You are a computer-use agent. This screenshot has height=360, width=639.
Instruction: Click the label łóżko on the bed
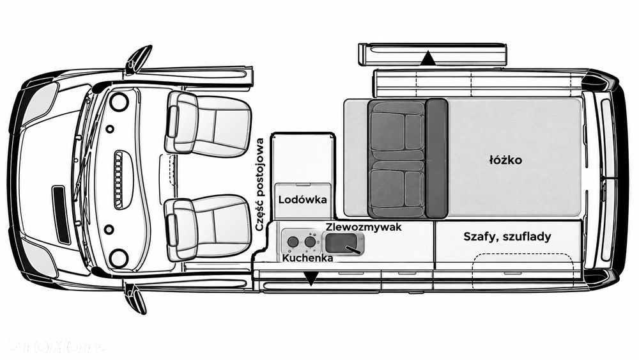tap(505, 160)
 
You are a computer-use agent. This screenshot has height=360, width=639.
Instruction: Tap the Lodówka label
tap(303, 200)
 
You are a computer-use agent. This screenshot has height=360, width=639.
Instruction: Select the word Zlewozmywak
tap(364, 227)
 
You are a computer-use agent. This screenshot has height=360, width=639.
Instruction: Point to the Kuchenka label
tap(308, 258)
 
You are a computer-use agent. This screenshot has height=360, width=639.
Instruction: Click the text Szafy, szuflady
tap(507, 237)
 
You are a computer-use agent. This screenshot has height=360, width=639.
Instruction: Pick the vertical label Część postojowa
tap(259, 185)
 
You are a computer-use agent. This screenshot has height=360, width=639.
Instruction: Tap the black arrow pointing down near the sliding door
tap(311, 279)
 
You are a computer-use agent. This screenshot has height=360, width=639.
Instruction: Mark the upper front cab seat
tap(208, 123)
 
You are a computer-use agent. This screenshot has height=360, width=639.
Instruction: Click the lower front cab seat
tap(208, 228)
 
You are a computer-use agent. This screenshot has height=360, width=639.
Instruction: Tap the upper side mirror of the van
tap(138, 59)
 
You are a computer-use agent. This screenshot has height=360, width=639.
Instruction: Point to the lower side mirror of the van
tap(135, 299)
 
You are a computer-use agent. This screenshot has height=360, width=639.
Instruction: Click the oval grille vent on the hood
tap(119, 180)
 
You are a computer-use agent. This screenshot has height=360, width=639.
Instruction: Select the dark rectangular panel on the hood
tap(61, 215)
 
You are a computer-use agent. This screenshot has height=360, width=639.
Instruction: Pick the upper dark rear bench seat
tap(397, 130)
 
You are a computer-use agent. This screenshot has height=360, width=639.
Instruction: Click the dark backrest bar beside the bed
tap(436, 159)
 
